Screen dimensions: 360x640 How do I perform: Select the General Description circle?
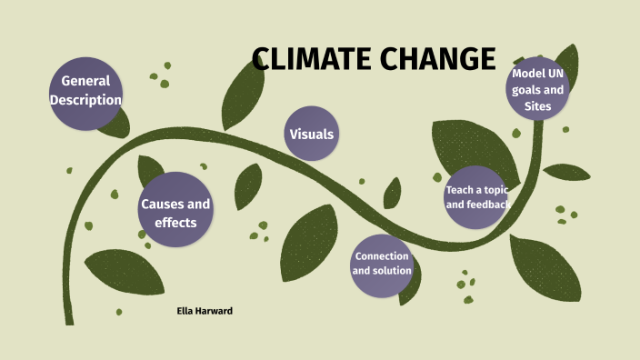point(85,91)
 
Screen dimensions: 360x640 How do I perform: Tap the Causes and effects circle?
point(175,212)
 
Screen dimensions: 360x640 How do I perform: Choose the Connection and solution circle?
point(382,263)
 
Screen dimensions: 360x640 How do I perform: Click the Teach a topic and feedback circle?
point(476,197)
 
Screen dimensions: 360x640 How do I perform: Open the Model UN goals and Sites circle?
point(538,89)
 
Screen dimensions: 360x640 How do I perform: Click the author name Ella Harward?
point(205,311)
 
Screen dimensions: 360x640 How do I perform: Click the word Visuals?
point(312,135)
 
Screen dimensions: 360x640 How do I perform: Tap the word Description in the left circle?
point(85,100)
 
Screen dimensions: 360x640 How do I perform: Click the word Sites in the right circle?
point(538,106)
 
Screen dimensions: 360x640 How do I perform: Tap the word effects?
point(175,222)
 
